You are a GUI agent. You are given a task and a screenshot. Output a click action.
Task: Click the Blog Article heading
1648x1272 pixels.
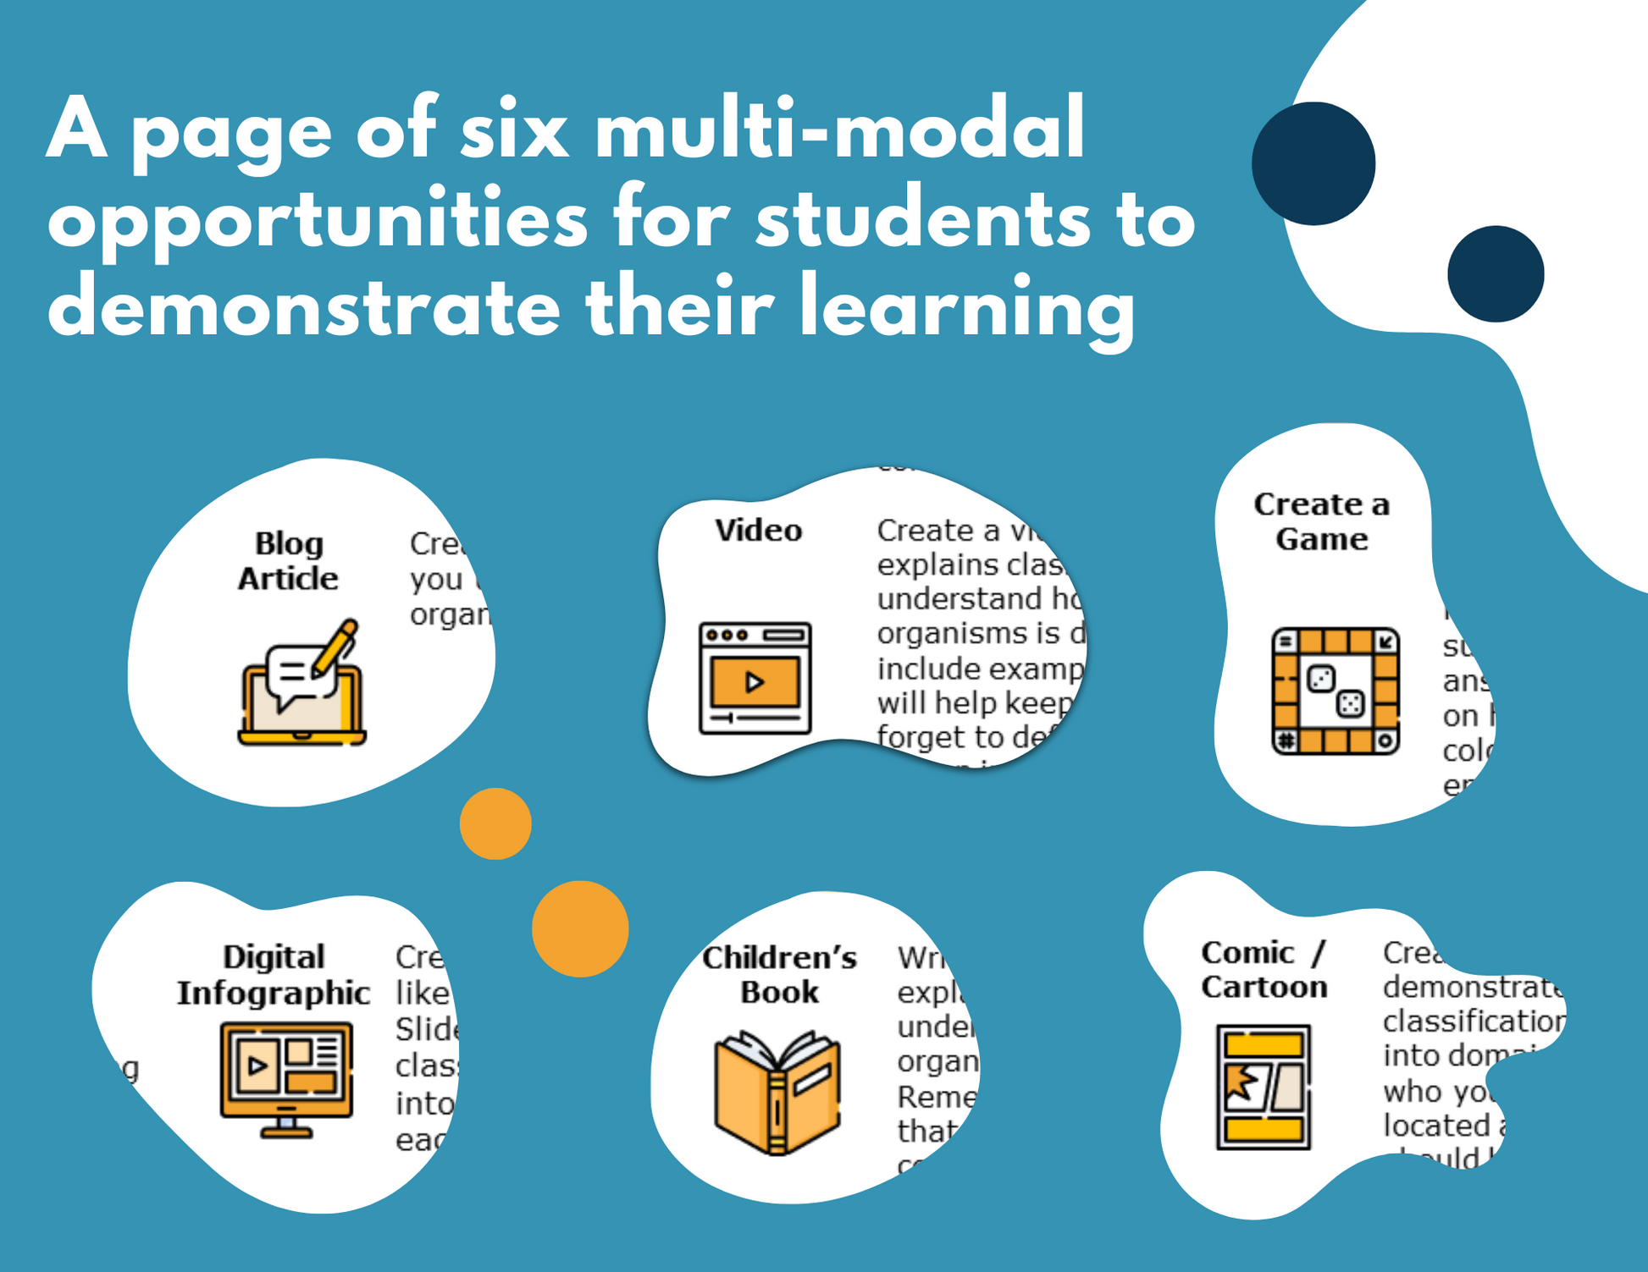tap(288, 561)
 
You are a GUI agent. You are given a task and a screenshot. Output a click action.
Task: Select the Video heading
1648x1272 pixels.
tap(758, 531)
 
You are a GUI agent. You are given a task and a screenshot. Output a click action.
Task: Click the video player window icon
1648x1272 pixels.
tap(755, 678)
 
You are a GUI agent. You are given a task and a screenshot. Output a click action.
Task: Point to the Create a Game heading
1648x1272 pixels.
tap(1321, 521)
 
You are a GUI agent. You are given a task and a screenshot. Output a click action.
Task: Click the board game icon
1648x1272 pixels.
tap(1335, 691)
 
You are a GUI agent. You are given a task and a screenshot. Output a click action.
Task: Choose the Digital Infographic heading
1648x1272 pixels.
tap(273, 975)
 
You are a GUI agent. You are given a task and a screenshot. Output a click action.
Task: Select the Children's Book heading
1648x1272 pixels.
tap(779, 974)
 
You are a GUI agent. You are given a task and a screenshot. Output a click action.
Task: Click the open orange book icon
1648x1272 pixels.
tap(777, 1093)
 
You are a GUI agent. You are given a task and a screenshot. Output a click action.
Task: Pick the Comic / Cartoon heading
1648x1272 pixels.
tap(1264, 970)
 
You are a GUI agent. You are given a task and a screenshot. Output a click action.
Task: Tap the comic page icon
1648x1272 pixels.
tap(1264, 1087)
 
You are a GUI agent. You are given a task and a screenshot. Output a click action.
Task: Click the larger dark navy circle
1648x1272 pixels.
tap(1313, 164)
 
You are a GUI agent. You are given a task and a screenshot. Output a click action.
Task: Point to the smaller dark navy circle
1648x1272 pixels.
tap(1496, 273)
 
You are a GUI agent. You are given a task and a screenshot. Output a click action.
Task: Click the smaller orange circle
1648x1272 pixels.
tap(495, 823)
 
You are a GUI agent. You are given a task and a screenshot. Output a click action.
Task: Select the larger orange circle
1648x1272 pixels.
tap(580, 929)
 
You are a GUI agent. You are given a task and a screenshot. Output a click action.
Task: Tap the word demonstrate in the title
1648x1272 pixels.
tap(303, 306)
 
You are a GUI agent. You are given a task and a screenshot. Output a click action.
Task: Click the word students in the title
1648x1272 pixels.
tap(923, 219)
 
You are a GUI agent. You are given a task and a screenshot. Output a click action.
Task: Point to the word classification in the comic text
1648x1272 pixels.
tap(1474, 1021)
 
